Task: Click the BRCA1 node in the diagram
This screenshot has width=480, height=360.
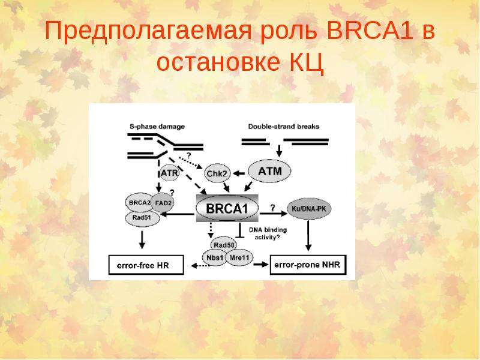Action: [227, 208]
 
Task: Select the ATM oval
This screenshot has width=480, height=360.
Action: [269, 171]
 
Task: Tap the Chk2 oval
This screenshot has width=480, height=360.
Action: [217, 173]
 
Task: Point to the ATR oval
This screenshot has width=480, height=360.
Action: [169, 173]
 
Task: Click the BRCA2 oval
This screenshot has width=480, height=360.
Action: [139, 203]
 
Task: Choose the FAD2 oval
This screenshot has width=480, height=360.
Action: [163, 202]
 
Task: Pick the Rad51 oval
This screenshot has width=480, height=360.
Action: [143, 218]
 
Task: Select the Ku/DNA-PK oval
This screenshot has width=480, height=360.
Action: [309, 209]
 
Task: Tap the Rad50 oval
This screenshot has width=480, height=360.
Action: [224, 245]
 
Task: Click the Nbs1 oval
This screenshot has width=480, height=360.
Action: [215, 258]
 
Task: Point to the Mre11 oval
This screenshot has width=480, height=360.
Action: [239, 258]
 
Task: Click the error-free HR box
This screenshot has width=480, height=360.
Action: [146, 265]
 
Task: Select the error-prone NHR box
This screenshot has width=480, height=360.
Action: [308, 265]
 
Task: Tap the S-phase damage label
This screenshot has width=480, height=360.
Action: [157, 127]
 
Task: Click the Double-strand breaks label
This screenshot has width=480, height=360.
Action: [284, 127]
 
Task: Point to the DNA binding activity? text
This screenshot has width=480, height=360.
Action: [268, 233]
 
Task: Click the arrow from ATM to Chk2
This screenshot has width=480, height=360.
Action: [239, 173]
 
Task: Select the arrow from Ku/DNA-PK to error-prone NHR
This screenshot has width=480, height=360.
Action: [308, 235]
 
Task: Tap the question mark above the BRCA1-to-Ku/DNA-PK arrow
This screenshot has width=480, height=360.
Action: [272, 208]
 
